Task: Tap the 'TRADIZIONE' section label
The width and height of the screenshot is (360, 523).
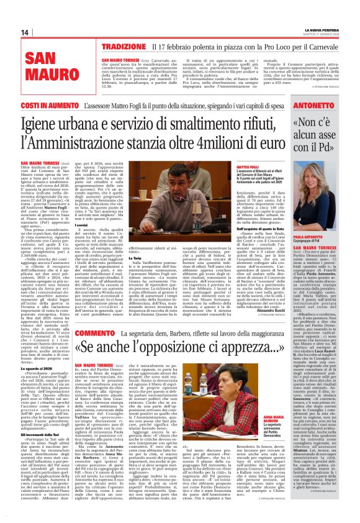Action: tap(123, 47)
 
